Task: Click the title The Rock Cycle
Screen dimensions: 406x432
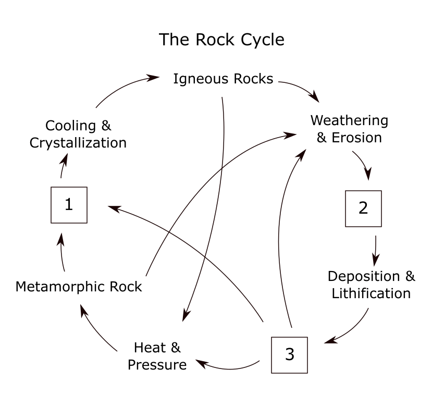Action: coord(221,40)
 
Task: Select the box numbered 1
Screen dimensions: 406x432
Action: coord(69,205)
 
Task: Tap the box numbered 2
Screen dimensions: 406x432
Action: coord(363,208)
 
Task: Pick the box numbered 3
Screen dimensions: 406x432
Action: coord(290,355)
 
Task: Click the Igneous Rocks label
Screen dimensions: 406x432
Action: coord(223,79)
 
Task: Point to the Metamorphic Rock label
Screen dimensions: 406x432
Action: coord(79,287)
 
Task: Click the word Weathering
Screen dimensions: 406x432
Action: coord(349,120)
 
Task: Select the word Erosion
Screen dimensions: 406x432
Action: coord(356,138)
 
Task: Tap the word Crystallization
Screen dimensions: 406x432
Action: coord(78,143)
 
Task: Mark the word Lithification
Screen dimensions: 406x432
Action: coord(371,293)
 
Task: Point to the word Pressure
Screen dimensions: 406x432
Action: coord(157,364)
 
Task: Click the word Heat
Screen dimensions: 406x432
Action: coord(146,347)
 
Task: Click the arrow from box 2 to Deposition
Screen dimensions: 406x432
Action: coord(376,250)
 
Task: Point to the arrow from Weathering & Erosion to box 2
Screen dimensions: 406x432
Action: coord(365,164)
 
